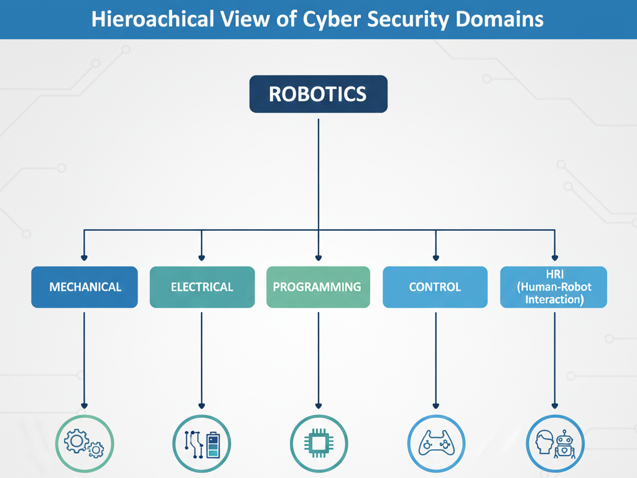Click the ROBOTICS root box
coord(318,94)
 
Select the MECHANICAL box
coord(85,287)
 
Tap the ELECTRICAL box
coord(202,287)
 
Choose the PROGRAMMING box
coord(318,287)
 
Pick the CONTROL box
coord(435,287)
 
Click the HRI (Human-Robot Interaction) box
coord(554,287)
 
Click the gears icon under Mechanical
coord(85,444)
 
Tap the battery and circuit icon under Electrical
coord(202,444)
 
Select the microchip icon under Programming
coord(318,444)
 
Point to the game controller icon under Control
coord(435,444)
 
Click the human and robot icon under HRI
coord(555,444)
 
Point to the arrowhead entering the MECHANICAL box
coord(85,257)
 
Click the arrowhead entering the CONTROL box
coord(435,257)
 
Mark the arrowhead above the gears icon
coord(85,406)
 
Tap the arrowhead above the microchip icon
coord(318,406)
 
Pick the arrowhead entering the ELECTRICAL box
coord(202,257)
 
